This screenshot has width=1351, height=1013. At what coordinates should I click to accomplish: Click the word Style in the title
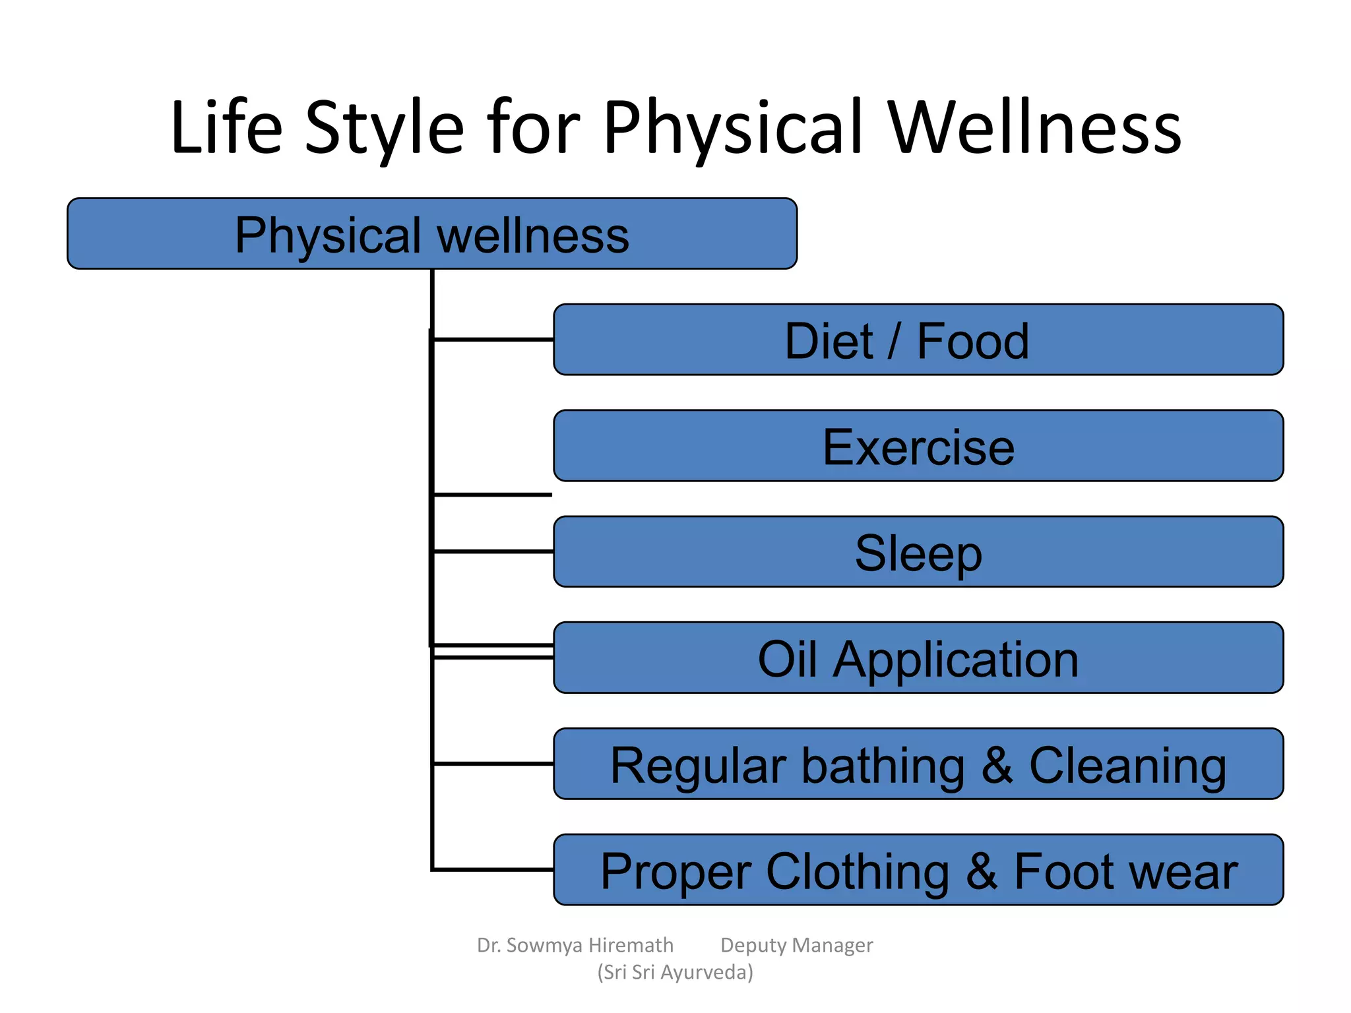click(x=385, y=129)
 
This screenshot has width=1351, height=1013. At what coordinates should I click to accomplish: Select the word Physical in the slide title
click(x=733, y=129)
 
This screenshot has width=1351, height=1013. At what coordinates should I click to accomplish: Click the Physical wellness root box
click(x=432, y=234)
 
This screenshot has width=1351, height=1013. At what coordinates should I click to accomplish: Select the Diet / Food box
click(x=918, y=340)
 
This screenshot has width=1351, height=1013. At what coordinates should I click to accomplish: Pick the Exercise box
click(x=918, y=446)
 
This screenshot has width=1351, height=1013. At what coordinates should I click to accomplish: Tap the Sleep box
click(x=918, y=553)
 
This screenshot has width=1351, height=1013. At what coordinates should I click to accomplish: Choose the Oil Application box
click(x=918, y=658)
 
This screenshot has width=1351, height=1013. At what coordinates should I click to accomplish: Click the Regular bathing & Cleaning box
click(x=918, y=764)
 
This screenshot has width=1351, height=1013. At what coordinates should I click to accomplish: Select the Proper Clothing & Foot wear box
click(x=918, y=871)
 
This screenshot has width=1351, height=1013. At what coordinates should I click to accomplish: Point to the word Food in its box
click(x=972, y=342)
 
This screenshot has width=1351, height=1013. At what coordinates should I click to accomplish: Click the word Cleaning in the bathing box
click(x=1127, y=766)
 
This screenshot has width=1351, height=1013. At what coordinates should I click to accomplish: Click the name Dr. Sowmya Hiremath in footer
click(x=575, y=945)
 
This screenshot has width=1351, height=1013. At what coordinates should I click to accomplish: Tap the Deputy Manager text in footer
click(x=796, y=945)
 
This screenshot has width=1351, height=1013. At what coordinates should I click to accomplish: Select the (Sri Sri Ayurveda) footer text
click(x=675, y=972)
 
